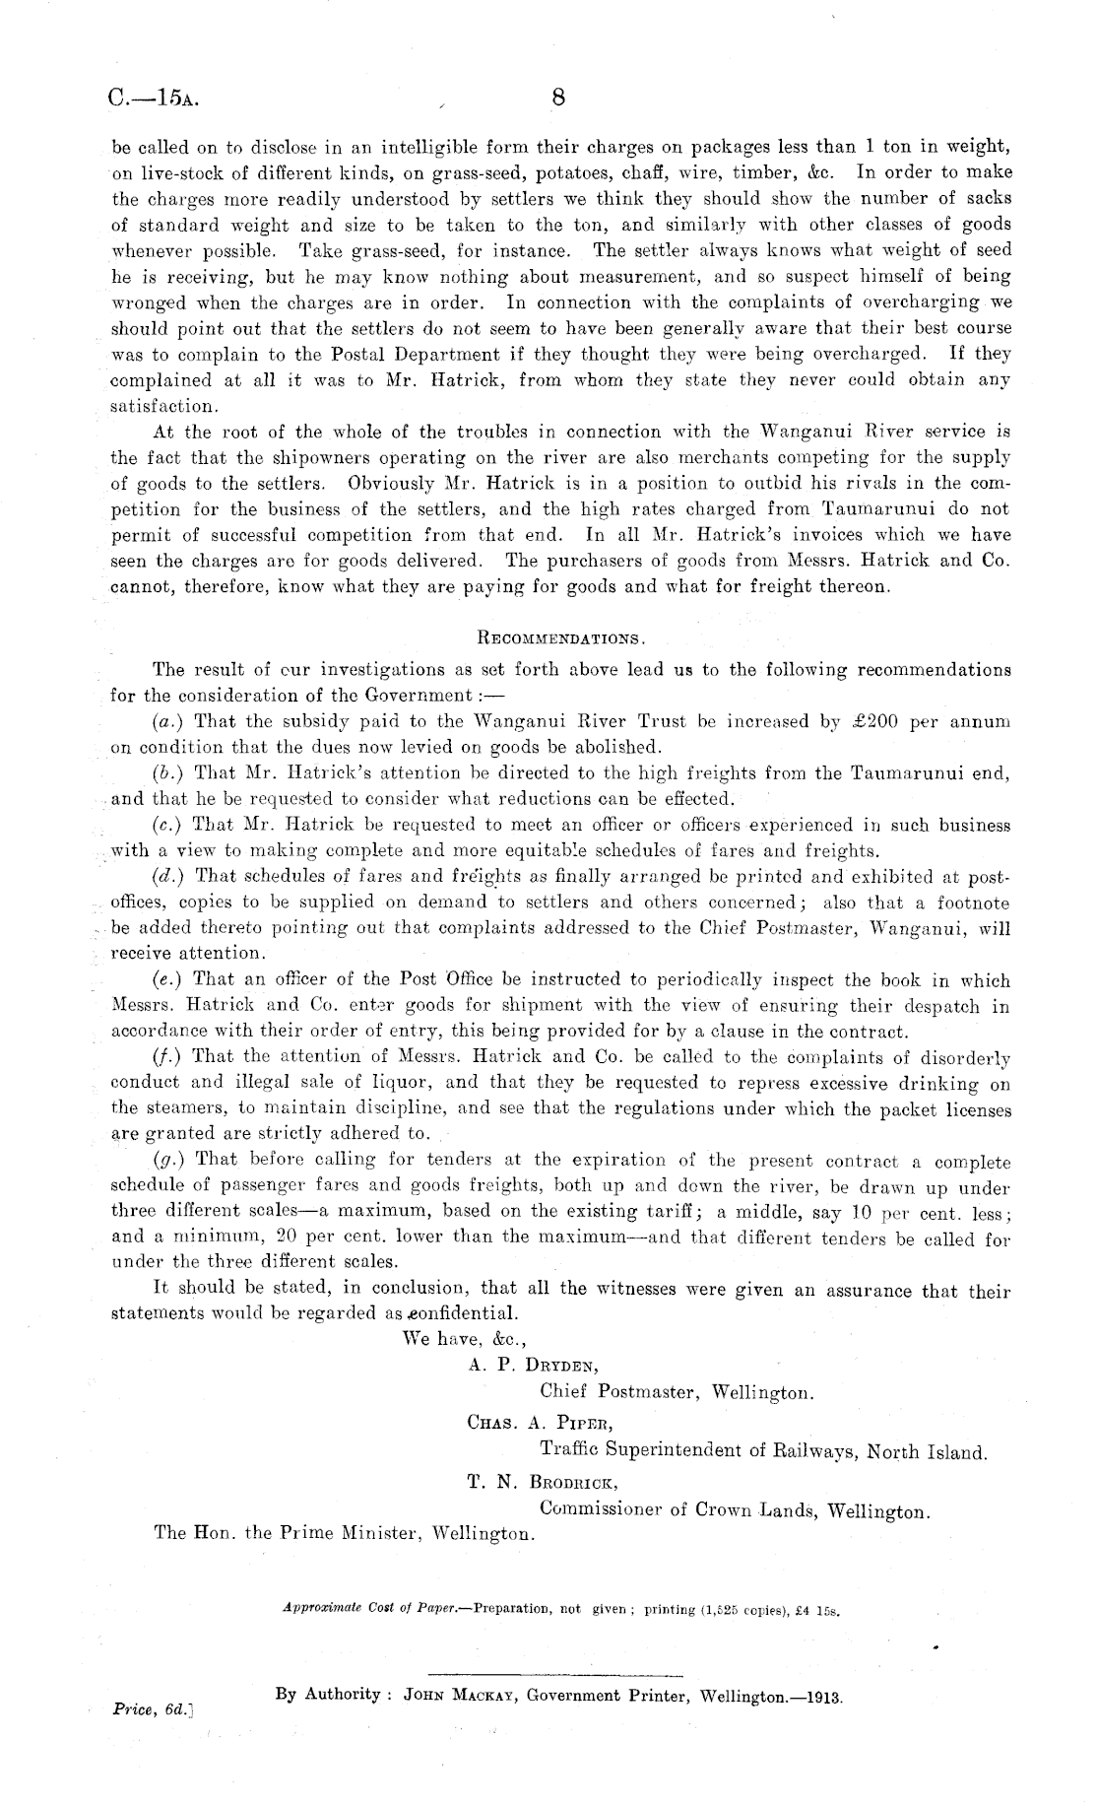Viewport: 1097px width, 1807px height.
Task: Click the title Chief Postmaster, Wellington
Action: (677, 1393)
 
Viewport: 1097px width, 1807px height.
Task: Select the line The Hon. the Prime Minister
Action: (345, 1534)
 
